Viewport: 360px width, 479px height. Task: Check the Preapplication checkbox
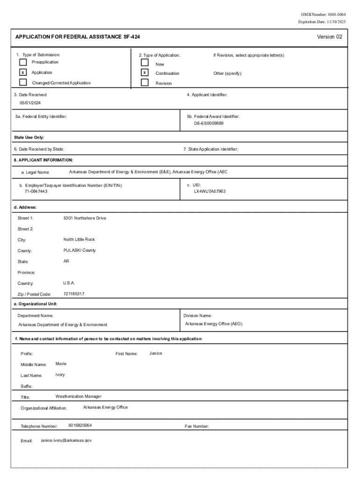pos(23,62)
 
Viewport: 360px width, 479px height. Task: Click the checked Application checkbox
pos(23,73)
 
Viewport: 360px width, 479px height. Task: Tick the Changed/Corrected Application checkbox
pos(23,82)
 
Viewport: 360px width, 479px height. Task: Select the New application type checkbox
pos(145,63)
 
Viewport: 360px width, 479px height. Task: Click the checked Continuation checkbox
pos(145,73)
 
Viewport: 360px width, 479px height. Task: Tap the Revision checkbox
pos(145,83)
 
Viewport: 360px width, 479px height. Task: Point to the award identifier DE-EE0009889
pos(209,123)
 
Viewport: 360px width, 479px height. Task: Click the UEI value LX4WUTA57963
pos(210,191)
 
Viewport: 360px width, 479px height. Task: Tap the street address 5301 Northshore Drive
pos(85,218)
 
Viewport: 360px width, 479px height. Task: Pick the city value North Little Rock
pos(79,239)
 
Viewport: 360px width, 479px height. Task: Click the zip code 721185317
pos(74,294)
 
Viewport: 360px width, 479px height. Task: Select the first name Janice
pos(156,353)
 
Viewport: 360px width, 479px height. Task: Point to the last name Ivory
pos(60,375)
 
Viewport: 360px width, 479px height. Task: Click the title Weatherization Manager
pos(78,397)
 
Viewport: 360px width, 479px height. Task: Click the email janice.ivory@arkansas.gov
pos(66,440)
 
